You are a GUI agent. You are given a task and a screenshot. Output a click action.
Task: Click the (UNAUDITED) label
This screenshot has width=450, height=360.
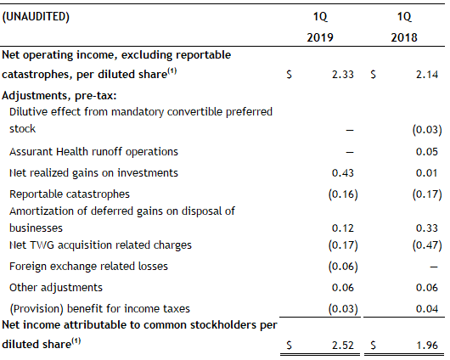click(x=36, y=17)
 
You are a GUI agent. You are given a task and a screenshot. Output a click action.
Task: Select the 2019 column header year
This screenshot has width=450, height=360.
click(x=320, y=37)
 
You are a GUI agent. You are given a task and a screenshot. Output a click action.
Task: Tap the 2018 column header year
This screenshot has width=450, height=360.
click(x=404, y=37)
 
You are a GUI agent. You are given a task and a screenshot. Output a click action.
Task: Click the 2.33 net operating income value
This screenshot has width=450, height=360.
click(x=343, y=75)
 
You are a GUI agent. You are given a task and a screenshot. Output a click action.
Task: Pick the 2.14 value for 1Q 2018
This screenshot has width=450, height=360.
click(x=427, y=75)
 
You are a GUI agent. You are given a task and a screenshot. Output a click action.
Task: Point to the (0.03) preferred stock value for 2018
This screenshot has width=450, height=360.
click(x=427, y=130)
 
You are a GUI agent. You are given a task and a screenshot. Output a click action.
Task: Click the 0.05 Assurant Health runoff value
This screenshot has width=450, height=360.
click(x=427, y=152)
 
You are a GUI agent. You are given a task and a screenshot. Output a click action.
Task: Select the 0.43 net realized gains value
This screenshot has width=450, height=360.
click(x=343, y=173)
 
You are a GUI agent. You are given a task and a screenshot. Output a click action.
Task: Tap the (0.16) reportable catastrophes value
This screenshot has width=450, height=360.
click(x=343, y=194)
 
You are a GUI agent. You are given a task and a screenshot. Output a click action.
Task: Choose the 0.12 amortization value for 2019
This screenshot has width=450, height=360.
click(x=343, y=228)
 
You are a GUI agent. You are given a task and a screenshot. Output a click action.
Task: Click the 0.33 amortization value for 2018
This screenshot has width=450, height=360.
click(x=427, y=228)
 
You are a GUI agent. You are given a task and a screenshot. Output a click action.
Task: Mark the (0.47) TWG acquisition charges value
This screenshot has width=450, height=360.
click(x=427, y=245)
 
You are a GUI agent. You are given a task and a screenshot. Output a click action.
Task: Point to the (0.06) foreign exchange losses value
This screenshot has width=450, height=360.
click(x=343, y=267)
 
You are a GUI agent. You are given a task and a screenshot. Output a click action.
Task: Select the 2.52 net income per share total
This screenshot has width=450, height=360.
click(x=343, y=345)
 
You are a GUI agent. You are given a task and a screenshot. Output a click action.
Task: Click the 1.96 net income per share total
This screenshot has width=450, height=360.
click(x=427, y=345)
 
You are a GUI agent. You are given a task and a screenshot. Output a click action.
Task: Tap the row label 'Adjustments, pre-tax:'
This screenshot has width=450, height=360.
click(x=59, y=96)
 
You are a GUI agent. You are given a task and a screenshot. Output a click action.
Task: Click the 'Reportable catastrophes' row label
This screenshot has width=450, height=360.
click(x=70, y=194)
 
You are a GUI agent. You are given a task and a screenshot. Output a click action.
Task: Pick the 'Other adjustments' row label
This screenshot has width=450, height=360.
click(x=56, y=288)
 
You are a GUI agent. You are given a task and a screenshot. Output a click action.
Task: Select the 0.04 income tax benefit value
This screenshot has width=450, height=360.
click(x=427, y=309)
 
